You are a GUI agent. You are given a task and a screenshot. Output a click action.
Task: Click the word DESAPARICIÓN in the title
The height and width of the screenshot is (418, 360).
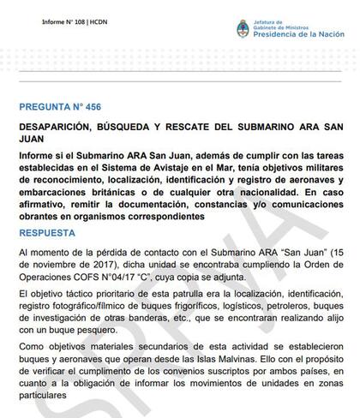click(57, 130)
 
